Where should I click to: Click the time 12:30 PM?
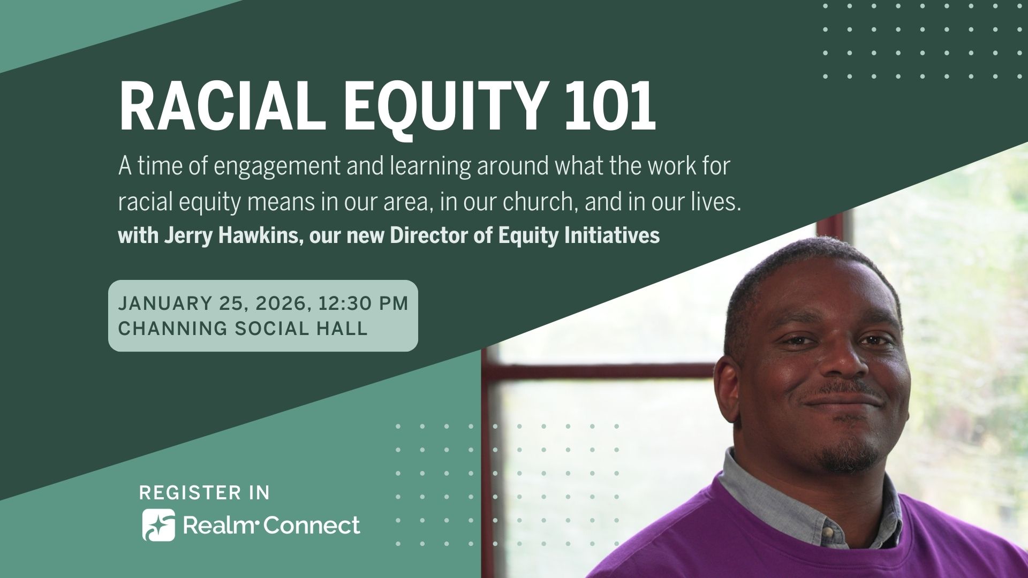(x=363, y=303)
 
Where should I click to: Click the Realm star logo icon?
(x=158, y=525)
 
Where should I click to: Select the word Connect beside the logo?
(x=312, y=526)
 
